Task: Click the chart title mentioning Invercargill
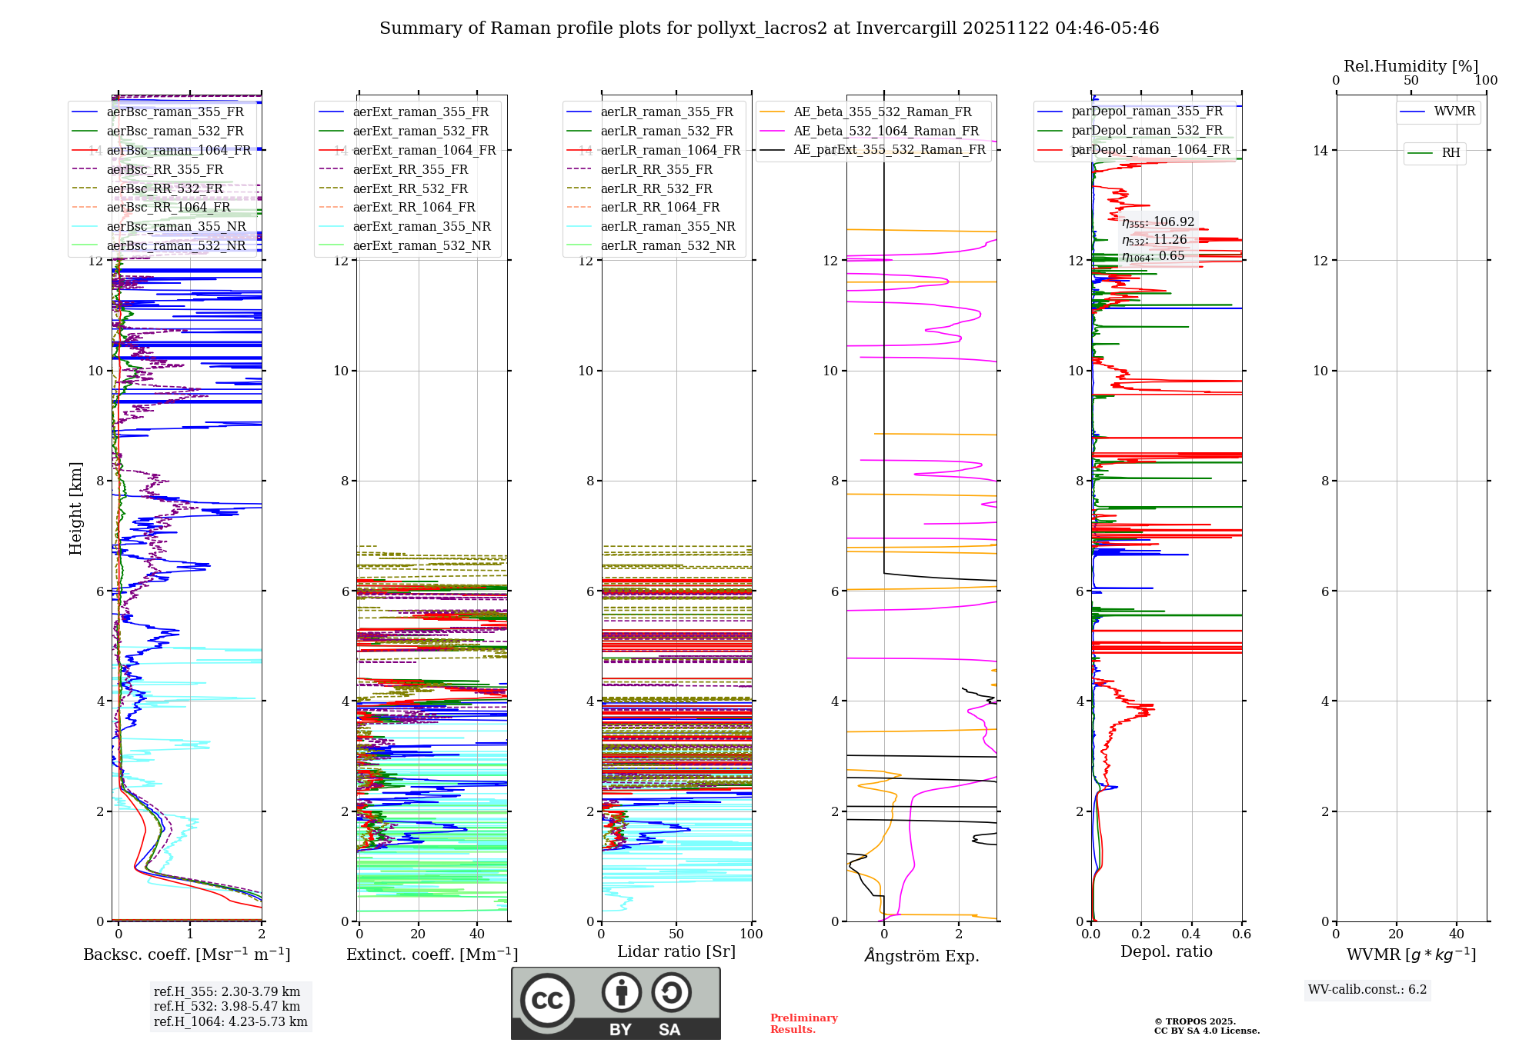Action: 769,28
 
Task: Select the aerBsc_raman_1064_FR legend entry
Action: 179,150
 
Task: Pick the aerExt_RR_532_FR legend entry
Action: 410,188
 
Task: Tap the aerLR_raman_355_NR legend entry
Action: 667,226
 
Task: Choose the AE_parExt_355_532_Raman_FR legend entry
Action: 889,149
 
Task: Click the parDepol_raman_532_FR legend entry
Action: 1147,130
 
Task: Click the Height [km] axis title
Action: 75,508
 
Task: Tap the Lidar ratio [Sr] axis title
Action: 676,951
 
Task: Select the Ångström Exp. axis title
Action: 922,955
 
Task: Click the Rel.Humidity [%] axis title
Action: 1410,66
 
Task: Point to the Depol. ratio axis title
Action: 1166,951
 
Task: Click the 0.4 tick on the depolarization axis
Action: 1191,934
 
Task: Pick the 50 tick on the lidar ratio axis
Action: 676,934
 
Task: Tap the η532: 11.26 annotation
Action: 1154,239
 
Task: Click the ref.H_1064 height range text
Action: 230,1021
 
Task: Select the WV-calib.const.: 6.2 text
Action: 1367,989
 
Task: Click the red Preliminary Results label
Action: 803,1023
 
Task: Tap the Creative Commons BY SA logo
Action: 616,1003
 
